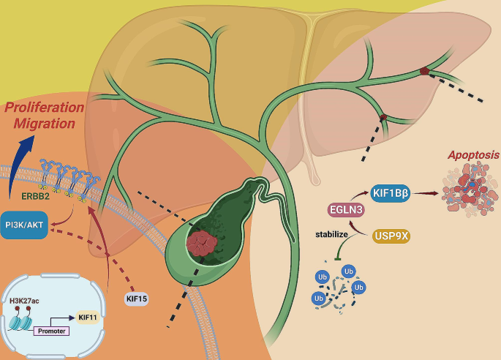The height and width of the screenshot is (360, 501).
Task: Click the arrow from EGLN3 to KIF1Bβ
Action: [358, 198]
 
